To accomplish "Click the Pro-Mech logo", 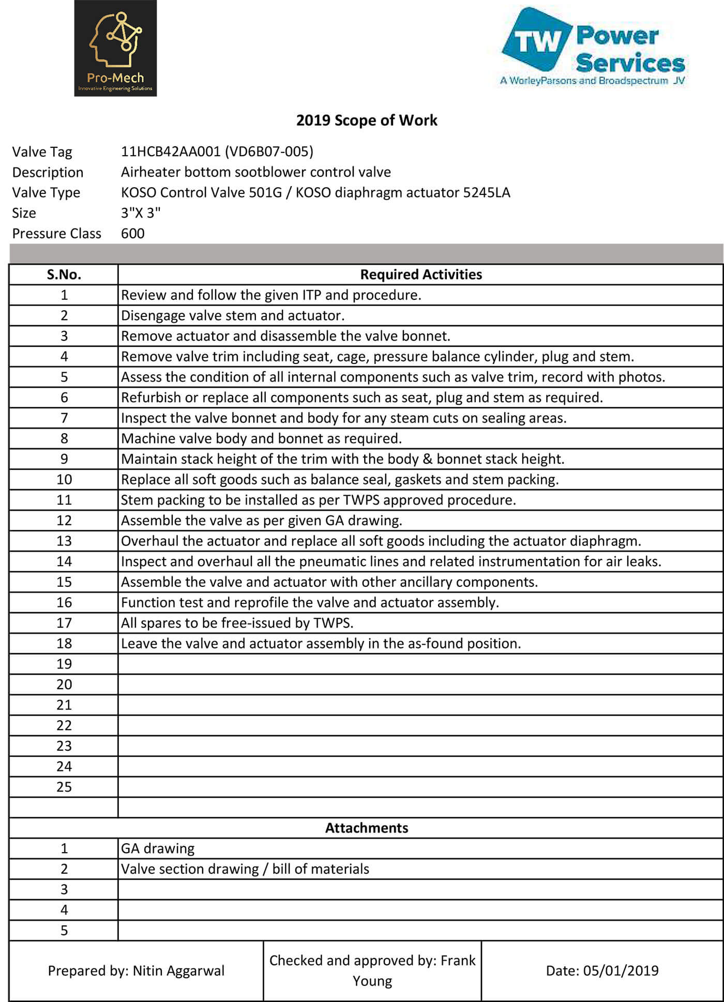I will click(x=115, y=48).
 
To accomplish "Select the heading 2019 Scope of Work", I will click(x=367, y=120).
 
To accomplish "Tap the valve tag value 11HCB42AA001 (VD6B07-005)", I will click(x=217, y=151).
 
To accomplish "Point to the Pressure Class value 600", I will click(x=133, y=234).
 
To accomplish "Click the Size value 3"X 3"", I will click(x=141, y=213).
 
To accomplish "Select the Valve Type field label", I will click(x=46, y=193).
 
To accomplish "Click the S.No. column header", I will click(x=64, y=275).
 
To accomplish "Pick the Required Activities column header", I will click(x=420, y=275).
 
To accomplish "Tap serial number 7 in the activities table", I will click(x=64, y=418).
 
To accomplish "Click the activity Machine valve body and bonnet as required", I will click(x=261, y=438).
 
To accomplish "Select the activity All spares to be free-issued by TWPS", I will click(x=237, y=623).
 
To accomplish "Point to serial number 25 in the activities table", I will click(x=64, y=787).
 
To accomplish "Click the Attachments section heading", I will click(x=367, y=828).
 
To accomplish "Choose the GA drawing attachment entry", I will click(x=158, y=848).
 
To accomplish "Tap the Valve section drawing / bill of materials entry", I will click(x=245, y=869).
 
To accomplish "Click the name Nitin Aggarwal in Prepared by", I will click(x=178, y=971).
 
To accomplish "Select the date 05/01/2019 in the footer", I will click(x=621, y=971).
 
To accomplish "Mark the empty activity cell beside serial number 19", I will click(x=420, y=664).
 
